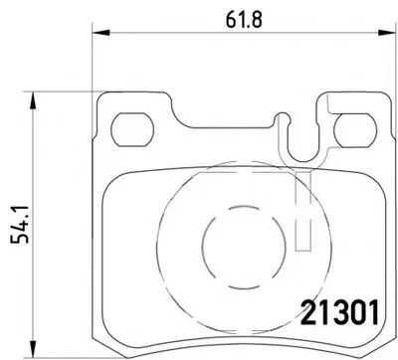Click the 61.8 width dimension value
(x=244, y=20)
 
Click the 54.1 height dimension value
(x=20, y=225)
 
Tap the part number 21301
(x=339, y=313)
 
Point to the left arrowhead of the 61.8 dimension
(x=100, y=33)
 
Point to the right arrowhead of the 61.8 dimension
(x=388, y=32)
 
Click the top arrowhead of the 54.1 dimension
(x=32, y=100)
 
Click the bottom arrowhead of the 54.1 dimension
(x=32, y=348)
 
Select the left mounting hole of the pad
(x=132, y=129)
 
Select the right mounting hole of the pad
(x=355, y=130)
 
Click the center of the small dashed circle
(x=244, y=247)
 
